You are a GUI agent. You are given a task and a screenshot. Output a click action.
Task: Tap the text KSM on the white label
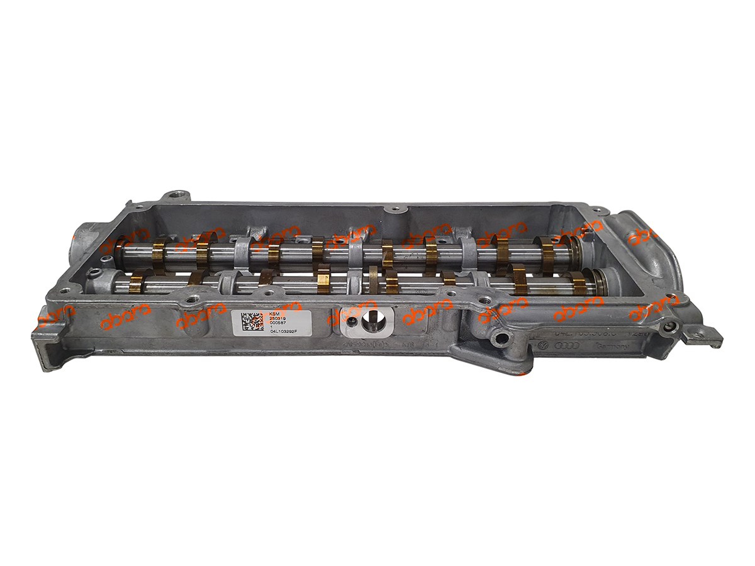(x=274, y=313)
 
